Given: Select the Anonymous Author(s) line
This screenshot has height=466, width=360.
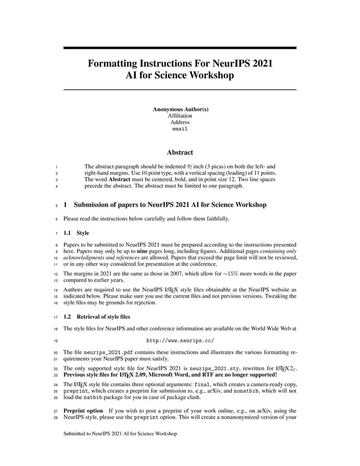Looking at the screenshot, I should (x=180, y=109).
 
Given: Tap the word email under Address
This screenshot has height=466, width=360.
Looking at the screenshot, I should (x=180, y=129).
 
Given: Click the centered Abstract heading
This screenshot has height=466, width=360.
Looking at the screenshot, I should (x=180, y=153).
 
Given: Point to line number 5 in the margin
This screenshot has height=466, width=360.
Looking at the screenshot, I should (x=56, y=205).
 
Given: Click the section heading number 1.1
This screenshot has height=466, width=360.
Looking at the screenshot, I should (x=68, y=233).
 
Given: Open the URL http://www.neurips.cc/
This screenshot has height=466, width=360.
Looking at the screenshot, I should (x=180, y=340).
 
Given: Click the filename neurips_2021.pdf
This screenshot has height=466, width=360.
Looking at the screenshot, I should (x=108, y=352).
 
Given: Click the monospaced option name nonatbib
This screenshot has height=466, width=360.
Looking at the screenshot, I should (x=247, y=391).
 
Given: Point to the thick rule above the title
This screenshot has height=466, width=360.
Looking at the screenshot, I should (x=180, y=48).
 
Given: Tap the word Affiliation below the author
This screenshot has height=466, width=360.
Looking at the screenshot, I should (x=180, y=116).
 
